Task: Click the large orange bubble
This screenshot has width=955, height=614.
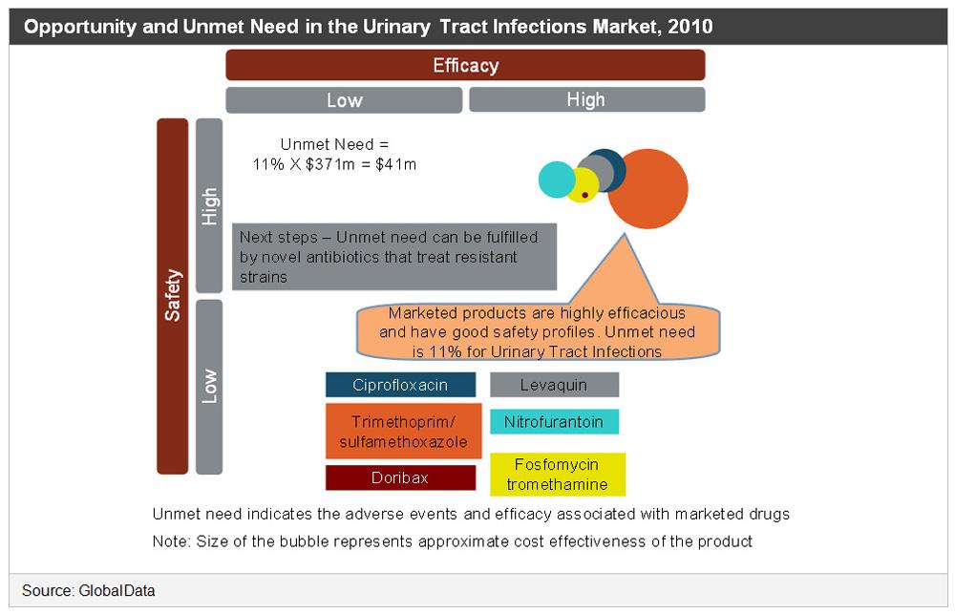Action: coord(647,189)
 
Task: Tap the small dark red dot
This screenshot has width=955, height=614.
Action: coord(584,194)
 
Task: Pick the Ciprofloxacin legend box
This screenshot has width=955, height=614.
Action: coord(400,385)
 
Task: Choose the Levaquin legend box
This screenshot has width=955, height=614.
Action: coord(554,385)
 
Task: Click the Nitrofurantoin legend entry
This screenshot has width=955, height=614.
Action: coord(554,421)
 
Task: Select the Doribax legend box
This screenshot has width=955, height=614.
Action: coord(400,477)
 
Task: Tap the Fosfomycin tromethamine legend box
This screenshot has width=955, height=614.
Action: coord(557,474)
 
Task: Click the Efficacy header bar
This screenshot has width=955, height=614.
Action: coord(465,66)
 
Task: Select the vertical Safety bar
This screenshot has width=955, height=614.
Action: coord(173,296)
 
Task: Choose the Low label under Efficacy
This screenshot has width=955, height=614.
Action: coord(344,99)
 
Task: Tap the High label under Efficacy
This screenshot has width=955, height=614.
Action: coord(586,99)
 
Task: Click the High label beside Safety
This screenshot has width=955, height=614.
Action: coord(209,205)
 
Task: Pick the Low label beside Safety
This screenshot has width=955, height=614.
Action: coord(209,386)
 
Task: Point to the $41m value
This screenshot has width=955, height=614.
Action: coord(398,164)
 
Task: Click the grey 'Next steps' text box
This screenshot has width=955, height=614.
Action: coord(393,257)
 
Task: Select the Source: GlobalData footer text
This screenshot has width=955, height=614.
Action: coord(89,591)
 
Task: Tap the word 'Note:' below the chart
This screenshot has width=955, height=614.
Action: coord(172,541)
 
